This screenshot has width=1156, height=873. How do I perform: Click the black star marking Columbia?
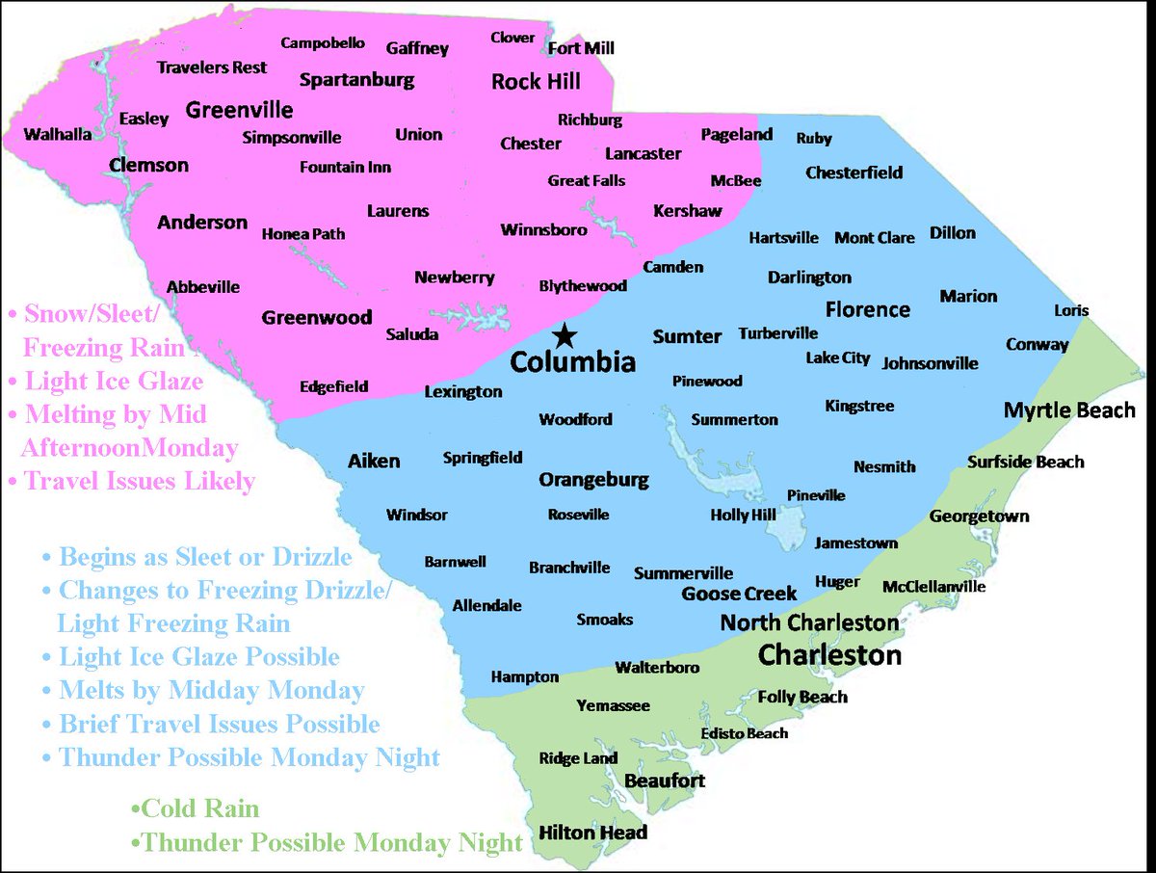click(565, 335)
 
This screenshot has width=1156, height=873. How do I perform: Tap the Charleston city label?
click(829, 655)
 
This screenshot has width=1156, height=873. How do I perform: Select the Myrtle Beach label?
click(1069, 410)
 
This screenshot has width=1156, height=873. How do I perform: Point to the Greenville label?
click(239, 109)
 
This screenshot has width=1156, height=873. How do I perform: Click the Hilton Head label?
click(592, 833)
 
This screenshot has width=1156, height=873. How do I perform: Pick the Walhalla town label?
click(58, 134)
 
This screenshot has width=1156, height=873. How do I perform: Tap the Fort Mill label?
click(581, 48)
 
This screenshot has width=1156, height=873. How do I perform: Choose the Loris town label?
click(1071, 310)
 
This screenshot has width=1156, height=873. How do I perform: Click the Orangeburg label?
click(593, 480)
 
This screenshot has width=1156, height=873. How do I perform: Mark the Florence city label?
click(867, 309)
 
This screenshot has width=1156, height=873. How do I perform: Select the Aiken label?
click(374, 462)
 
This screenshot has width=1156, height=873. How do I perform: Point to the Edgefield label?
click(333, 386)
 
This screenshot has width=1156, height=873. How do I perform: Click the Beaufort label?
click(665, 780)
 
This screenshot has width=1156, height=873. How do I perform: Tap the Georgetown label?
click(979, 516)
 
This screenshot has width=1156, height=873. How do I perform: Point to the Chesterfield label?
click(854, 173)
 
